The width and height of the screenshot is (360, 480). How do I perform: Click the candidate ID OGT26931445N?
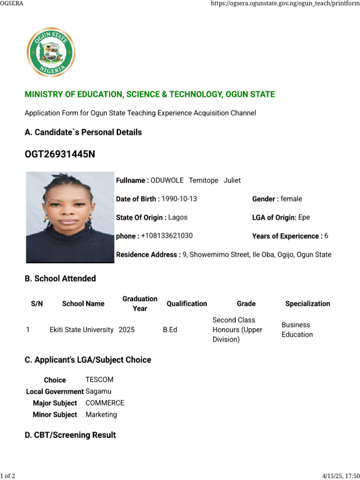pyautogui.click(x=60, y=154)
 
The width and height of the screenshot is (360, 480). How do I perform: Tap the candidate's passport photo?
pyautogui.click(x=70, y=217)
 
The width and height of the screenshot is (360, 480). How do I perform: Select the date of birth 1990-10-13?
pyautogui.click(x=179, y=199)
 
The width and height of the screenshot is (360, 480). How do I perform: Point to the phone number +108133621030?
pyautogui.click(x=167, y=236)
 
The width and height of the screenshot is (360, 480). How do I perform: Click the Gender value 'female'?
pyautogui.click(x=291, y=199)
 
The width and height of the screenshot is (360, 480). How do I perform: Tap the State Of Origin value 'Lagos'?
pyautogui.click(x=178, y=217)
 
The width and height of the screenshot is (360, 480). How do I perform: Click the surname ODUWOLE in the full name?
pyautogui.click(x=167, y=180)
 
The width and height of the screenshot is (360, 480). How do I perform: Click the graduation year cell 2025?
pyautogui.click(x=127, y=330)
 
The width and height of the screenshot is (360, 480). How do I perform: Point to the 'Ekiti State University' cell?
pyautogui.click(x=82, y=330)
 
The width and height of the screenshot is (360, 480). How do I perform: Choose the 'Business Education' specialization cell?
pyautogui.click(x=297, y=330)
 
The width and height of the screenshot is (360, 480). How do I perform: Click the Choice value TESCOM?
pyautogui.click(x=99, y=380)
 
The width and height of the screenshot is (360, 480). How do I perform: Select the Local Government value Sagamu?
pyautogui.click(x=98, y=391)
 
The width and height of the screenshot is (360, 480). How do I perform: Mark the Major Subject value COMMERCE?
pyautogui.click(x=105, y=403)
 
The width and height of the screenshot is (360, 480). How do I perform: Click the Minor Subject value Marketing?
pyautogui.click(x=101, y=415)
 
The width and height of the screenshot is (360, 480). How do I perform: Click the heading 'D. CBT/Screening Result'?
pyautogui.click(x=70, y=435)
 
